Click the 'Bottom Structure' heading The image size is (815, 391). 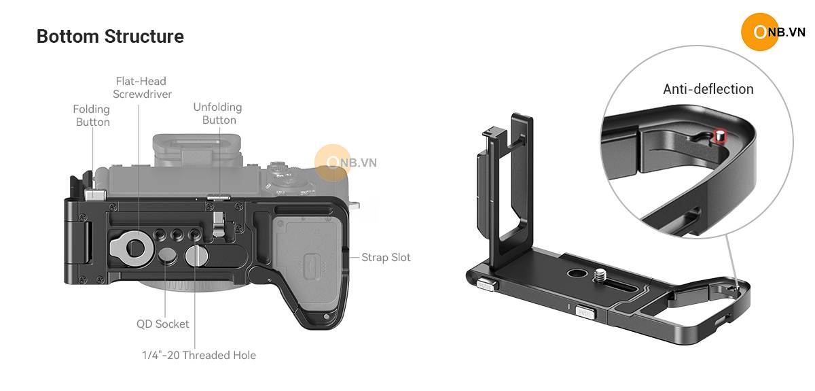point(110,37)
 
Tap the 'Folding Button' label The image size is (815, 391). point(92,116)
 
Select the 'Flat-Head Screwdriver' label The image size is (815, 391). point(142,88)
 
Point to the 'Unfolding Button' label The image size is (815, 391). point(218,114)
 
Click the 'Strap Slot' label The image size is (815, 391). point(386,258)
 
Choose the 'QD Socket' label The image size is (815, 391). point(162,324)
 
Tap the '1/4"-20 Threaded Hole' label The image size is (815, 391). point(199,355)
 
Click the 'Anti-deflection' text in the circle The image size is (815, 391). point(708,89)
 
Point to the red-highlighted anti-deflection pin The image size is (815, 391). point(719,136)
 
